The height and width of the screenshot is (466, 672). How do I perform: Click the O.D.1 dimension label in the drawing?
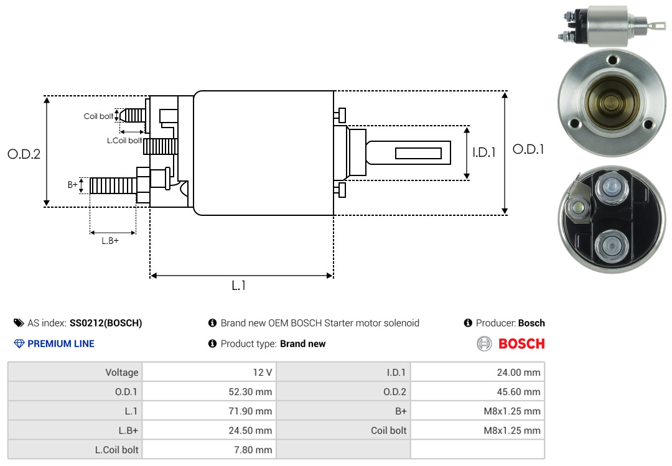[x=528, y=149]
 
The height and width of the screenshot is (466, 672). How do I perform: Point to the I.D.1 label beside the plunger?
[x=483, y=152]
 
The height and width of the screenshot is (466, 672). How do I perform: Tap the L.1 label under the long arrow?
[x=239, y=286]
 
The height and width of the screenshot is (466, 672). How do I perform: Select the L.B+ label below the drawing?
[x=110, y=240]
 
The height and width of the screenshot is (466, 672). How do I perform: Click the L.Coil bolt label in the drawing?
[x=124, y=141]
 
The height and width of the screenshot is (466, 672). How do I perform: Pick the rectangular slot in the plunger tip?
[x=418, y=153]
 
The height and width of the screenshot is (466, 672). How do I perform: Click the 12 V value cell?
[x=261, y=373]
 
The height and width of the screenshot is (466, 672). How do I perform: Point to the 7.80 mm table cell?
[x=255, y=449]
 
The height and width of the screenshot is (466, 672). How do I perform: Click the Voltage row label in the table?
[x=121, y=373]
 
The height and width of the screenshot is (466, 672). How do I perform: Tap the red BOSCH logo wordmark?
[x=521, y=343]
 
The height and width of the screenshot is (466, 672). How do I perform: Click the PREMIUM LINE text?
[x=61, y=343]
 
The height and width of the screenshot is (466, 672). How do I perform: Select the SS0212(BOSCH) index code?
[x=106, y=323]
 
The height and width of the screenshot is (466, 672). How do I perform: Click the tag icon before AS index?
[x=19, y=323]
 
